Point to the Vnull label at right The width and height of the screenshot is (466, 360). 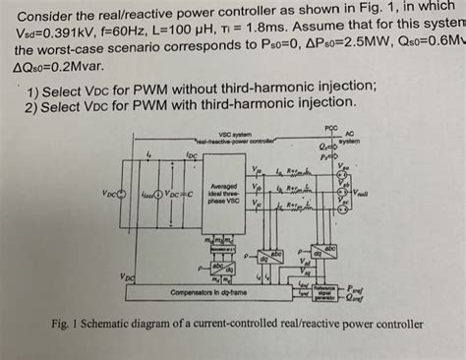coord(362,195)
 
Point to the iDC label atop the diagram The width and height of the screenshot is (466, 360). coord(191,155)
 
